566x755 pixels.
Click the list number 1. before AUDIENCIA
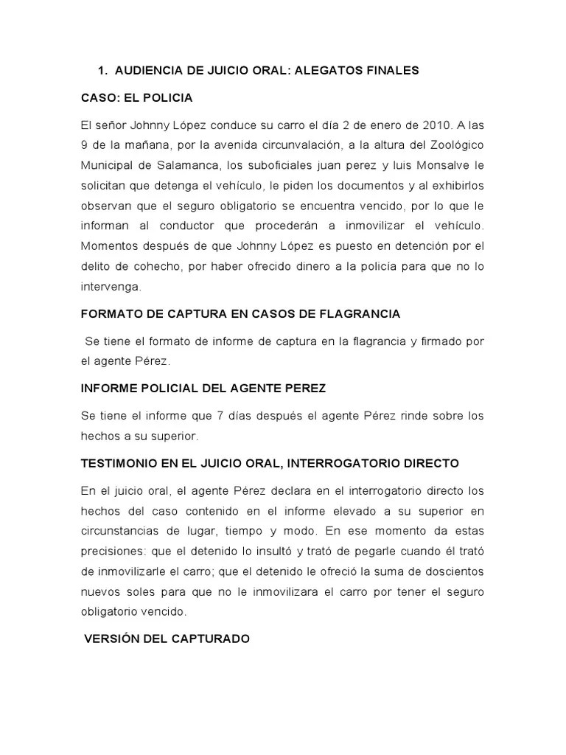tap(102, 71)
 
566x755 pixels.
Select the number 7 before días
tap(213, 416)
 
